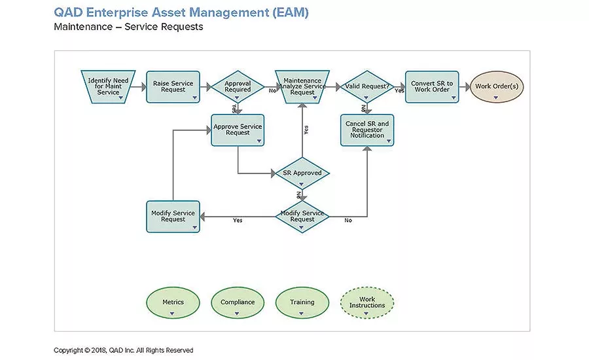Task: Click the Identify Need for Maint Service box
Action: (108, 86)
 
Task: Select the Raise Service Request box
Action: (173, 86)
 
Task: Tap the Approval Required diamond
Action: (238, 86)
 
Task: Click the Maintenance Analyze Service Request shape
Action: (302, 86)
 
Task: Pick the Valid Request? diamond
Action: (366, 86)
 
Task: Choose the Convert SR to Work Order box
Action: (431, 86)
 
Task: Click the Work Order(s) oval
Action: (497, 86)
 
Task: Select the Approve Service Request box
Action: (238, 130)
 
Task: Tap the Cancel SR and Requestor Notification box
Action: (366, 130)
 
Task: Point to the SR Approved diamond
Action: (302, 173)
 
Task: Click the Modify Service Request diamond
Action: (302, 216)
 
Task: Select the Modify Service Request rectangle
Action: (173, 216)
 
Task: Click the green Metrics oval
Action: (173, 302)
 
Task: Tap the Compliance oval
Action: (238, 302)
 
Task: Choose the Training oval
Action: (302, 302)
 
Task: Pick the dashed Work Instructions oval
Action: (367, 302)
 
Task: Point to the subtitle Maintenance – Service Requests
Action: (128, 27)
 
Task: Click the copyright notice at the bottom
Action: (124, 350)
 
